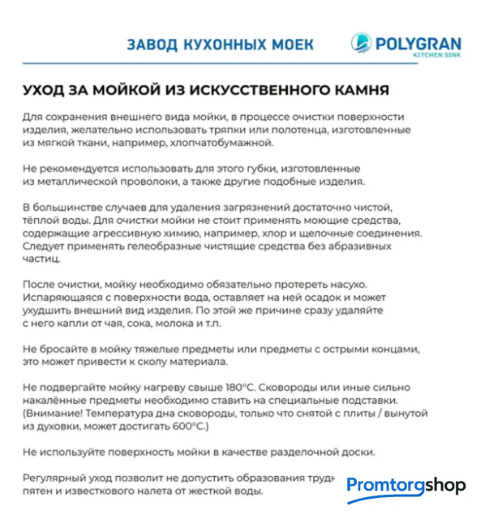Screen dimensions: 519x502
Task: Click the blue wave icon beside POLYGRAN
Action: coord(361,45)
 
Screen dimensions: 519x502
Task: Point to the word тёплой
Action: coord(42,221)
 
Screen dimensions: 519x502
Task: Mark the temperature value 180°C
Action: coord(242,388)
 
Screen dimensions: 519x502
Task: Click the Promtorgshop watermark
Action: coord(405,486)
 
